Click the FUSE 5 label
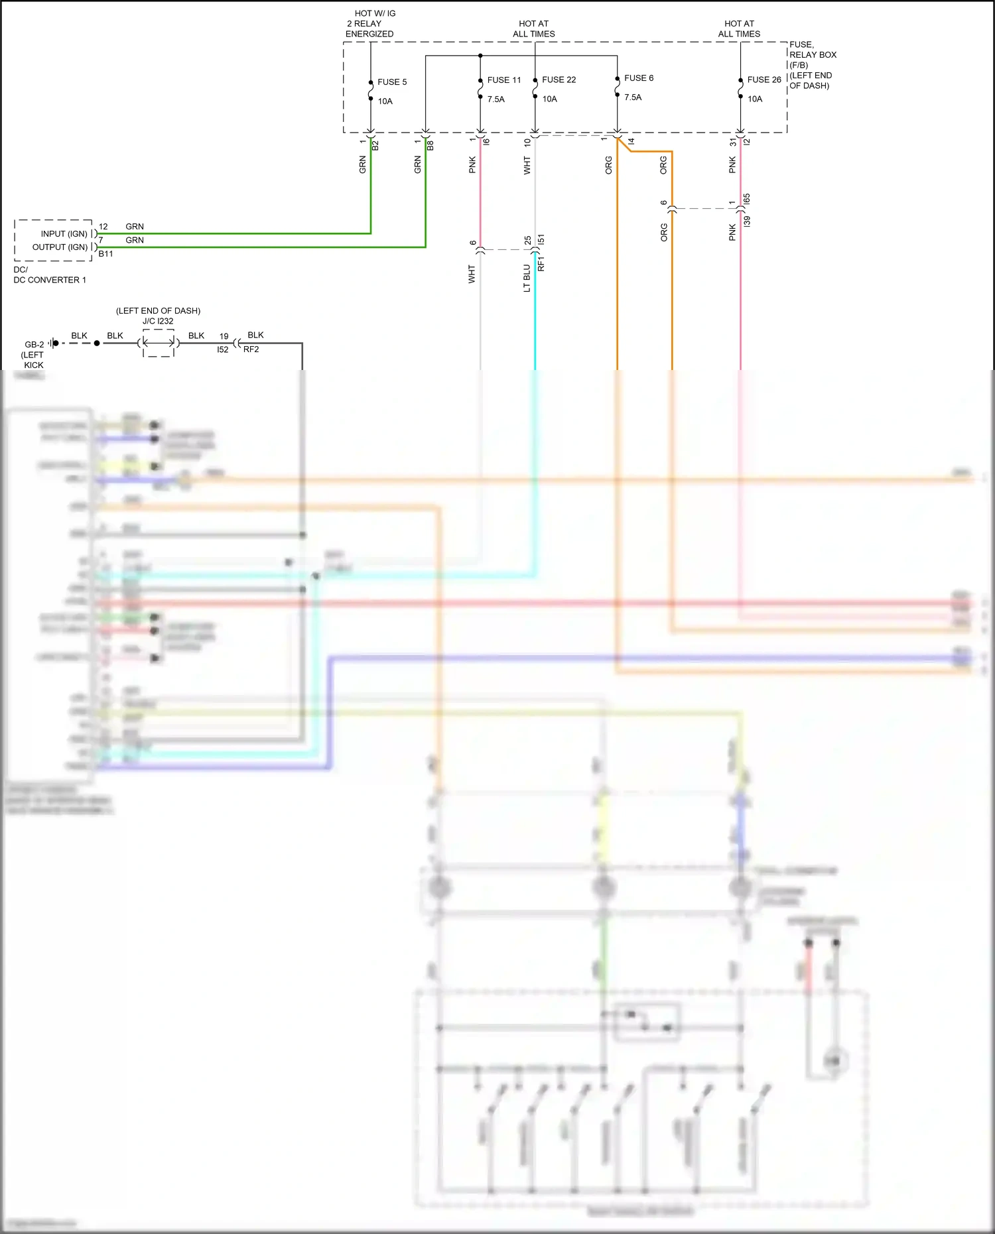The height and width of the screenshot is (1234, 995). point(391,82)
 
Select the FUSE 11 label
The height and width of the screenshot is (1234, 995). point(503,80)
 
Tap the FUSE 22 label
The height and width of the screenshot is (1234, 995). point(559,80)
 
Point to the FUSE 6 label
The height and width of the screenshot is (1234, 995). point(638,78)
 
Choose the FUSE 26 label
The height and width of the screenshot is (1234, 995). point(763,80)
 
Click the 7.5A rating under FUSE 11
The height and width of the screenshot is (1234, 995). point(496,99)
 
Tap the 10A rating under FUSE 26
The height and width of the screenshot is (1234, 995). point(754,99)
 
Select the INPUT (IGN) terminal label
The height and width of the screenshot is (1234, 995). point(64,234)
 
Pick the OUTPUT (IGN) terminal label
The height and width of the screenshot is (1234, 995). point(60,247)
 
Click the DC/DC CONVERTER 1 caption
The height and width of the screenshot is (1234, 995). point(49,275)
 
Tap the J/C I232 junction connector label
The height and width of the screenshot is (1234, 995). point(158,322)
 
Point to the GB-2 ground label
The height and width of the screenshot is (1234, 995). point(34,345)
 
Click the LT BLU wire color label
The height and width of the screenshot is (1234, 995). point(527,278)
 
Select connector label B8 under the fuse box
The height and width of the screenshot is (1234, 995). point(431,145)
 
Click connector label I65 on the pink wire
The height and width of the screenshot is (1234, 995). point(747,199)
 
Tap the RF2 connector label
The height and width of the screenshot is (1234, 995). point(251,349)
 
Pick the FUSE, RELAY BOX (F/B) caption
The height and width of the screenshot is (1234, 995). point(812,65)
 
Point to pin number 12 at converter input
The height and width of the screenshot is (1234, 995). point(103,227)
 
